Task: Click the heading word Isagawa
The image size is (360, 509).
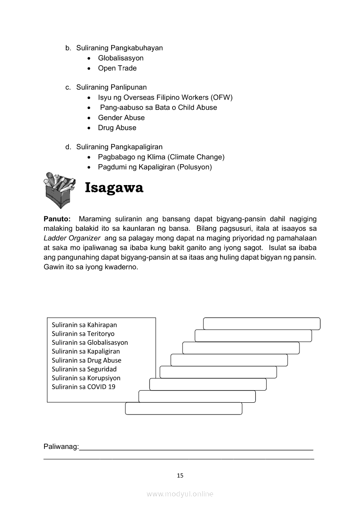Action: click(114, 188)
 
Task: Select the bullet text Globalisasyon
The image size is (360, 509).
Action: click(120, 58)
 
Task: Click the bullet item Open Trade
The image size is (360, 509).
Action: click(117, 68)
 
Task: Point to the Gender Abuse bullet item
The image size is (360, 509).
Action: click(121, 118)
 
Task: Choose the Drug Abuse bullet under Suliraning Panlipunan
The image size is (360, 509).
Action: click(117, 128)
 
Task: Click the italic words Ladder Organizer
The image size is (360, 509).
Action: click(72, 238)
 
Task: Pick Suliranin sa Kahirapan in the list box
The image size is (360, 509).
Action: click(84, 325)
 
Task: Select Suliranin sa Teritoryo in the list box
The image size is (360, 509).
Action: click(83, 334)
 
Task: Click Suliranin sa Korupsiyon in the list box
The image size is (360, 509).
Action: click(86, 378)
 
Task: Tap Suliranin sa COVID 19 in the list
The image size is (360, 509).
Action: click(83, 387)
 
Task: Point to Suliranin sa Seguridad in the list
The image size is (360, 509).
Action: click(84, 369)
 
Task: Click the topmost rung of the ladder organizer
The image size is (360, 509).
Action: click(262, 324)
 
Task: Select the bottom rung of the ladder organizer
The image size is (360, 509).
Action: click(183, 408)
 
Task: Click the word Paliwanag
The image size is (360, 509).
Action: click(61, 447)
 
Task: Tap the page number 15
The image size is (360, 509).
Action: click(180, 475)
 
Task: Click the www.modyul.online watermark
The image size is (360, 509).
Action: click(180, 494)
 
